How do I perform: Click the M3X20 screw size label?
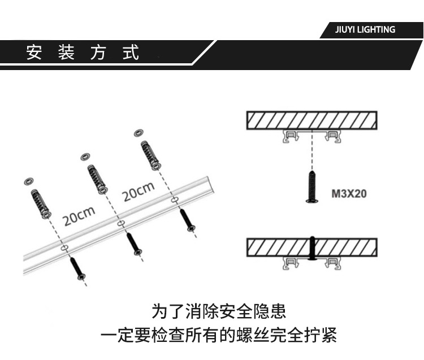[349, 194]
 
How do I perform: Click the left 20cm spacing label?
[78, 215]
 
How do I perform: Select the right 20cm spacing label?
[138, 192]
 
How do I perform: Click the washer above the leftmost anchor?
[28, 182]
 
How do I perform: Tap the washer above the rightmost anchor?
[138, 133]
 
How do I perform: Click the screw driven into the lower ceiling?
[311, 248]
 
